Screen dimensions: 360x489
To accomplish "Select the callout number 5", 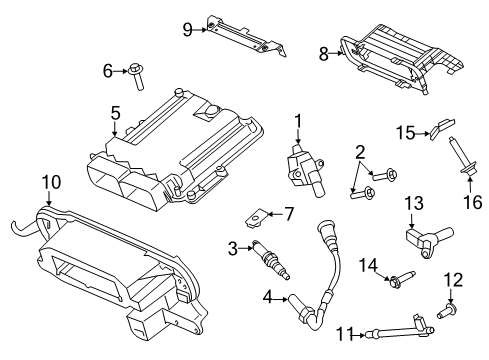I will pyautogui.click(x=115, y=116).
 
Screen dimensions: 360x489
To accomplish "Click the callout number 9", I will pyautogui.click(x=187, y=30).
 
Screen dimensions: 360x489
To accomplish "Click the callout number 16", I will pyautogui.click(x=464, y=202).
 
